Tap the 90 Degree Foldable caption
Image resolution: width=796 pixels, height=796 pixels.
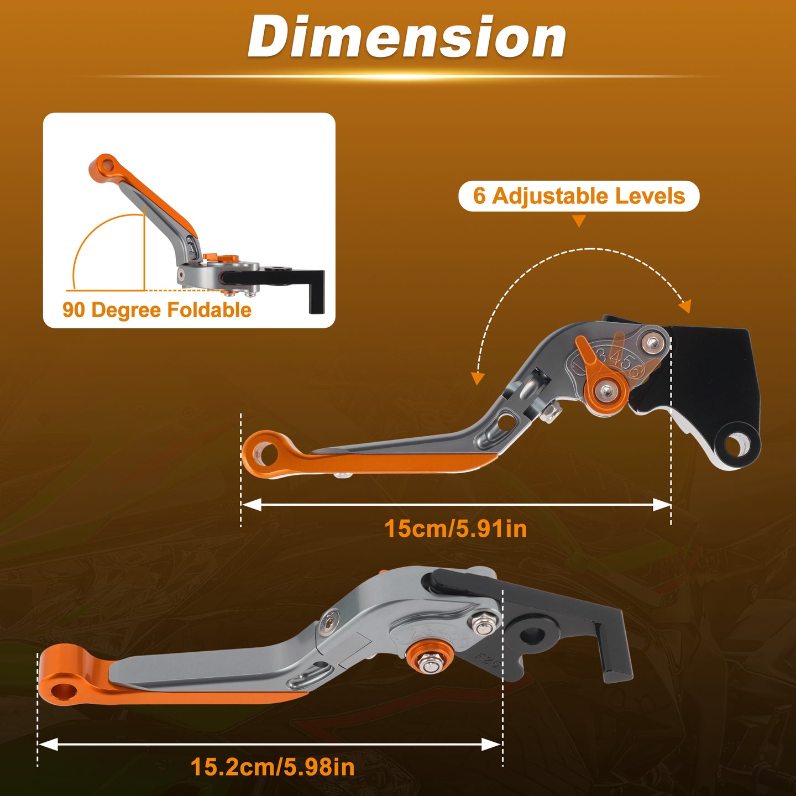point(157,310)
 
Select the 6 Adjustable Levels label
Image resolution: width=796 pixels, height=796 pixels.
point(579,196)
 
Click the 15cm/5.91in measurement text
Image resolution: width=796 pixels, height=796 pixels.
point(455,528)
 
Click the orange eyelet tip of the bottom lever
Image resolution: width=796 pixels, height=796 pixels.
point(62,689)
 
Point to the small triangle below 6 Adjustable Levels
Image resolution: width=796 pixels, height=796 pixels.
point(579,221)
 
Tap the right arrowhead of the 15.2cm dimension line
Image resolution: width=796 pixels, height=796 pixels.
point(491,745)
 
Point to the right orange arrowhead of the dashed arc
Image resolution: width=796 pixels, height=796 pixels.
point(685,306)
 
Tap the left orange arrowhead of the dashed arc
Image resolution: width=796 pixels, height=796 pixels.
point(478,378)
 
